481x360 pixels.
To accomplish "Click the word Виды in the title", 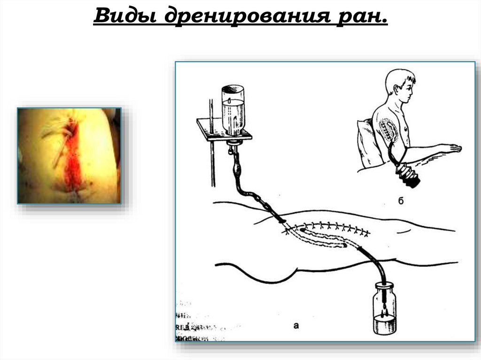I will pyautogui.click(x=124, y=17).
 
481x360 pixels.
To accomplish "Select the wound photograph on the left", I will pyautogui.click(x=69, y=155).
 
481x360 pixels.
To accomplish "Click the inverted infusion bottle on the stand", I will pyautogui.click(x=233, y=110).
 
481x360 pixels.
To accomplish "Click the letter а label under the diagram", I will pyautogui.click(x=295, y=325).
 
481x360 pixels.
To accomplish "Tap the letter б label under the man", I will pyautogui.click(x=400, y=202).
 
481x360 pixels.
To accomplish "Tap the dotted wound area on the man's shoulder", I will pyautogui.click(x=388, y=127).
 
